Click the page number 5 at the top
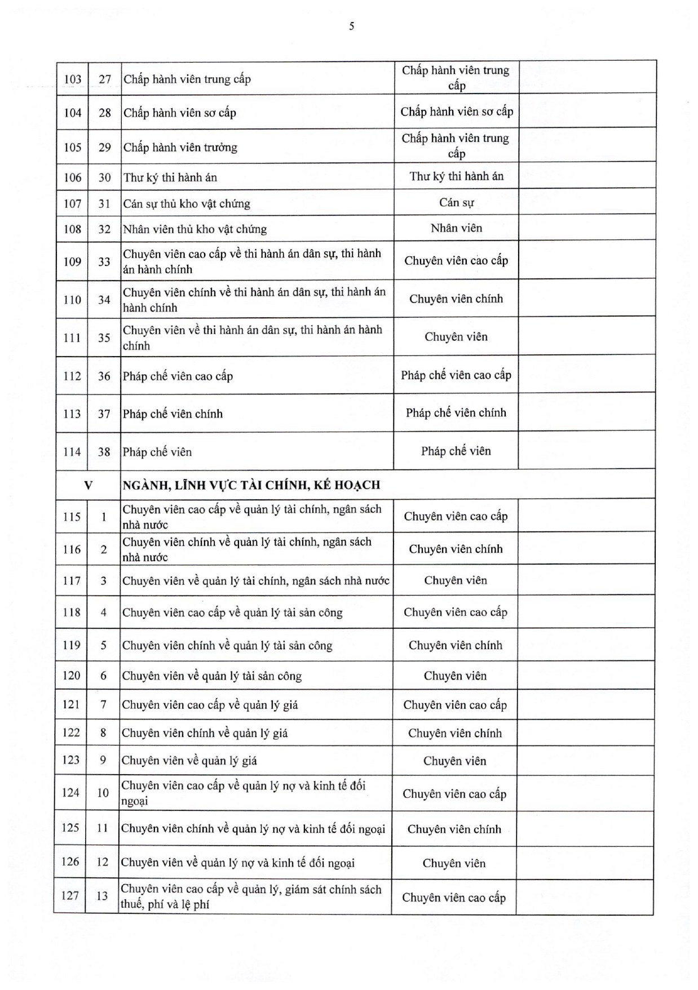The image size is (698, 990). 351,26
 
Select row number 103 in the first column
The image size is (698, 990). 72,79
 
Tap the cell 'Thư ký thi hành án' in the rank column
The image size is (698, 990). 456,176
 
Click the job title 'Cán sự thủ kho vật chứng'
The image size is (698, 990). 187,203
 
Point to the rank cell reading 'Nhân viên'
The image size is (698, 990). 456,228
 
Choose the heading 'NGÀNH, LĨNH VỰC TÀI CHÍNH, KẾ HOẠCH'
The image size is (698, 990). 251,485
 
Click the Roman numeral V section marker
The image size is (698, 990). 88,485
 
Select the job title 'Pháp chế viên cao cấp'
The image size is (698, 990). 178,376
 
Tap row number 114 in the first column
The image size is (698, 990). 72,452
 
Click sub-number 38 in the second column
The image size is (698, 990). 104,452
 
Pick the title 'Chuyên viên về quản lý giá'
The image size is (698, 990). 189,761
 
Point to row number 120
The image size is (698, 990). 71,676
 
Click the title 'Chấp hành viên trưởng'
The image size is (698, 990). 180,148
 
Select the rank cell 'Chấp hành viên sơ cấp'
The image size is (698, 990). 457,112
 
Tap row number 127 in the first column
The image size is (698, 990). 70,895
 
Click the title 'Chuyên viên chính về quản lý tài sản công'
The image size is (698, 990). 227,646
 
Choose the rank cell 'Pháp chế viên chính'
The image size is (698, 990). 456,413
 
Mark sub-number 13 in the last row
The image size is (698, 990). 102,895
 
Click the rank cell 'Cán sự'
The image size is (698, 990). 456,202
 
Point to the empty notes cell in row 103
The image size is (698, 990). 587,78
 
